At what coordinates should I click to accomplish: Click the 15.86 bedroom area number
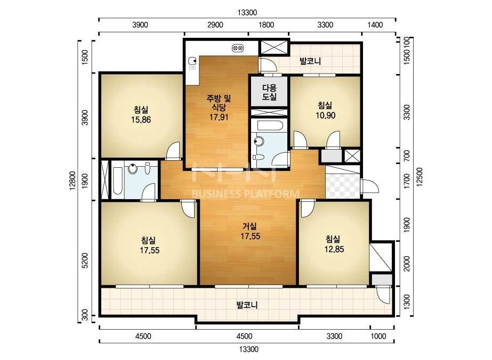[x=141, y=119]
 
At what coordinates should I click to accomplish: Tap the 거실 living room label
[x=250, y=226]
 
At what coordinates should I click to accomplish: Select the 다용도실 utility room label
[x=269, y=92]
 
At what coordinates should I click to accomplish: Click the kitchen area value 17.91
[x=219, y=117]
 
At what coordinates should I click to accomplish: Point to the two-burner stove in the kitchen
[x=238, y=48]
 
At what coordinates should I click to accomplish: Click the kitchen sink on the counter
[x=192, y=63]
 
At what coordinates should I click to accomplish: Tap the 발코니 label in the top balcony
[x=310, y=61]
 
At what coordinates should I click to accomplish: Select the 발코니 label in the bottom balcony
[x=247, y=305]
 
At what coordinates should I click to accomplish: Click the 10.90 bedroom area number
[x=326, y=116]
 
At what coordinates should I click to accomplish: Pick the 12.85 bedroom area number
[x=334, y=249]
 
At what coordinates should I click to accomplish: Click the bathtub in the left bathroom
[x=118, y=181]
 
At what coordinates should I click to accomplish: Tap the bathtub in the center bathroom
[x=270, y=126]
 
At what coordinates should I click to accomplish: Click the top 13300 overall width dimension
[x=247, y=13]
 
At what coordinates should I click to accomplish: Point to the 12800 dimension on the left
[x=73, y=181]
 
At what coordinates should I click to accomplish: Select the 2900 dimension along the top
[x=215, y=25]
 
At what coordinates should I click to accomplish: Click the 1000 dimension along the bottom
[x=378, y=337]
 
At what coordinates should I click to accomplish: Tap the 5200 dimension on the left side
[x=85, y=261]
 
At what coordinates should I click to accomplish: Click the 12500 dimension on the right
[x=420, y=177]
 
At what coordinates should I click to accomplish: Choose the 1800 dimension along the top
[x=266, y=25]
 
